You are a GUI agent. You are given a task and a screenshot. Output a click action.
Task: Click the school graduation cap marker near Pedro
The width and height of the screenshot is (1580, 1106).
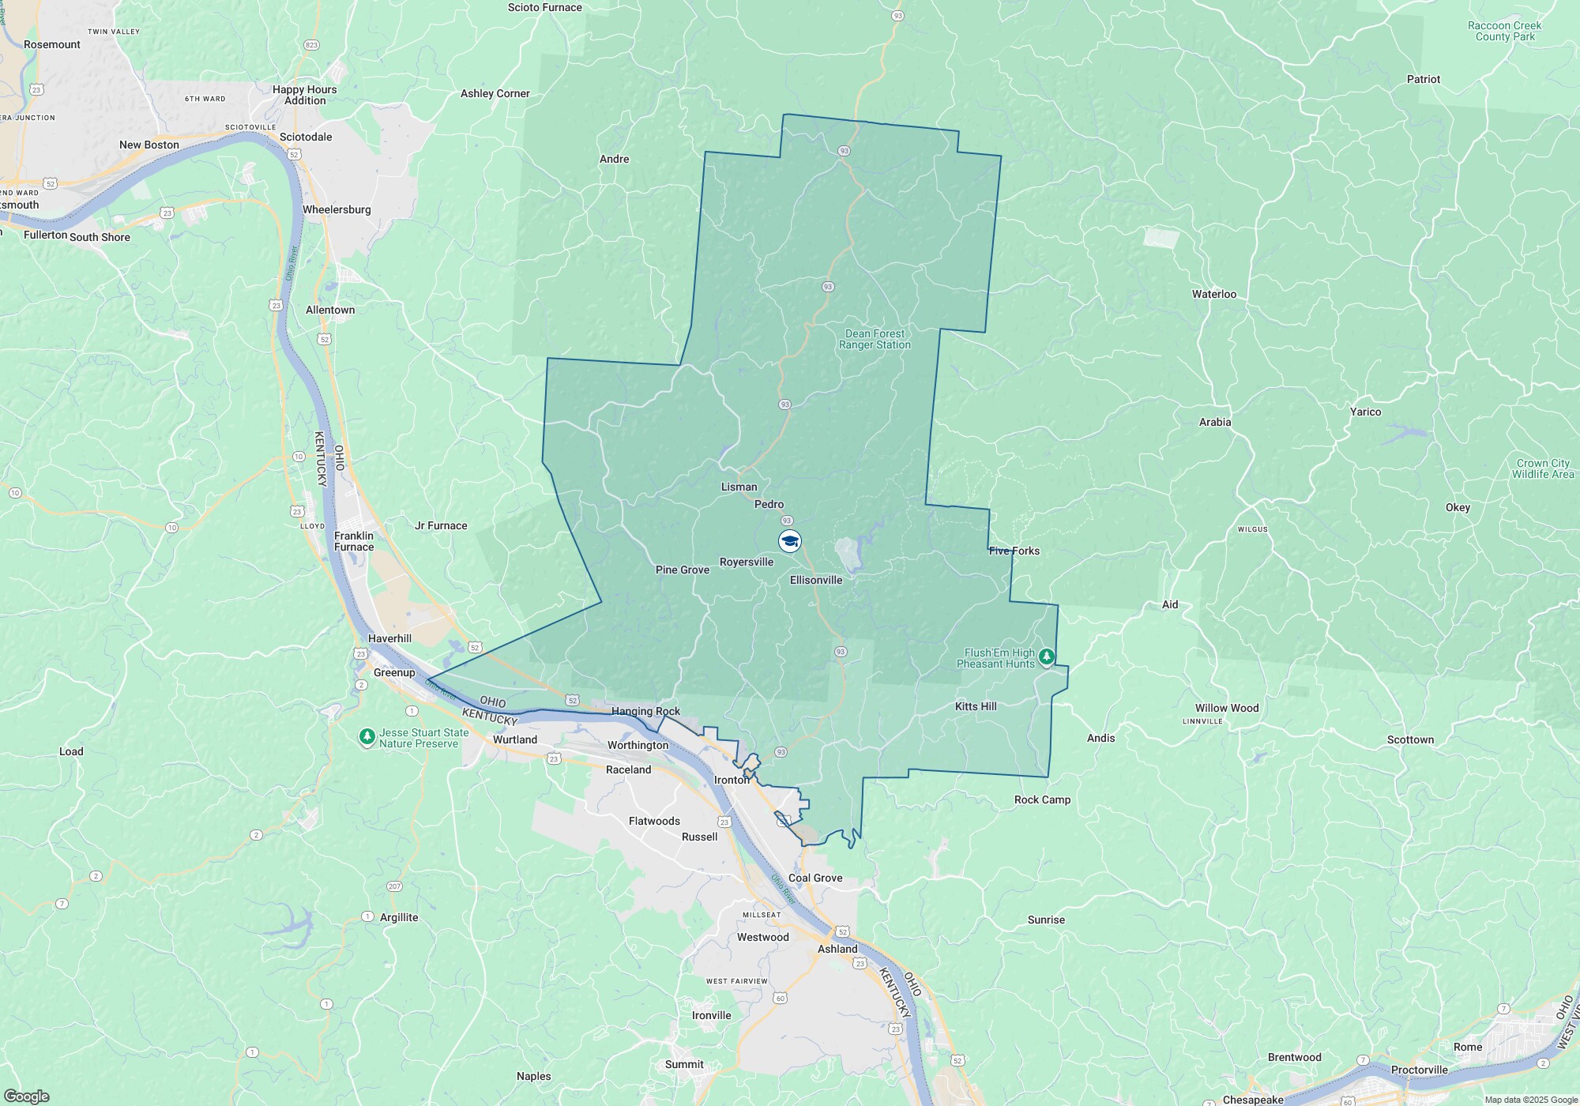790,541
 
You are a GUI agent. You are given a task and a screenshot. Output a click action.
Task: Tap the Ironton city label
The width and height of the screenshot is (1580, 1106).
732,780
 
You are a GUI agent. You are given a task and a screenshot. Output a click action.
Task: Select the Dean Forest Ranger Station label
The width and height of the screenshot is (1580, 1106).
875,339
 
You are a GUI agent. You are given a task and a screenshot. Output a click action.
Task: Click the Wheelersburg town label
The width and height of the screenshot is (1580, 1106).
337,209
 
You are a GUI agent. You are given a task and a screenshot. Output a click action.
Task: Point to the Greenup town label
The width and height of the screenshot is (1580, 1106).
394,672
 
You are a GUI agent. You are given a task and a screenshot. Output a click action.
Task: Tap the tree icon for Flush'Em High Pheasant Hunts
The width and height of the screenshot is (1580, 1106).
1047,656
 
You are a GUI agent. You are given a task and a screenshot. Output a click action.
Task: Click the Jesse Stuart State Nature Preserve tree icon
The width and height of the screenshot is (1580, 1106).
367,737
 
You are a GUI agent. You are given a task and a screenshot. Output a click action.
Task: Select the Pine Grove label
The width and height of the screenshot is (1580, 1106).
683,570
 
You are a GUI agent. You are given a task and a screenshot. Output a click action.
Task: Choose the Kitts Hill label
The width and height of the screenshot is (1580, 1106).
976,706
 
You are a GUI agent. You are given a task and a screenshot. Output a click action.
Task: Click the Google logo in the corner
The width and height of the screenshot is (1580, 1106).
26,1097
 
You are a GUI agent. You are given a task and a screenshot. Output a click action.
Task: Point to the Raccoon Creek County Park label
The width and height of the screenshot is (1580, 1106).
1504,31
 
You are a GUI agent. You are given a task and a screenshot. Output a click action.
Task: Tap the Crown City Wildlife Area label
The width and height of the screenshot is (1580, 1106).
1543,468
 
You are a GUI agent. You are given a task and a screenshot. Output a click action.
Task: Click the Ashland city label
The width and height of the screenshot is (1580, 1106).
837,949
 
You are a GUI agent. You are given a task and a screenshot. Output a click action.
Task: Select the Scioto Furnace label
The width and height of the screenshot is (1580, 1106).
545,8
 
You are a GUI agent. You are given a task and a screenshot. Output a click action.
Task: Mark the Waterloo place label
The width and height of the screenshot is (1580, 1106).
1214,294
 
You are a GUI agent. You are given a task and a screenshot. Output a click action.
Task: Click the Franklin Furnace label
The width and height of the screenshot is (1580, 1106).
354,541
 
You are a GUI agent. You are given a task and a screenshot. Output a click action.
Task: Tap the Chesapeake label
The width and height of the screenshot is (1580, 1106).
1253,1100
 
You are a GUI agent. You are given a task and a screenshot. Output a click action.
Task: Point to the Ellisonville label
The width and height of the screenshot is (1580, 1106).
816,580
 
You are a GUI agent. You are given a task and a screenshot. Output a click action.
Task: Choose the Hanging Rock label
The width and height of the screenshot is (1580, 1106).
645,711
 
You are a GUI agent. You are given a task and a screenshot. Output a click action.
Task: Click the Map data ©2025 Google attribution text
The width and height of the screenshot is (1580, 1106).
1531,1100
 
